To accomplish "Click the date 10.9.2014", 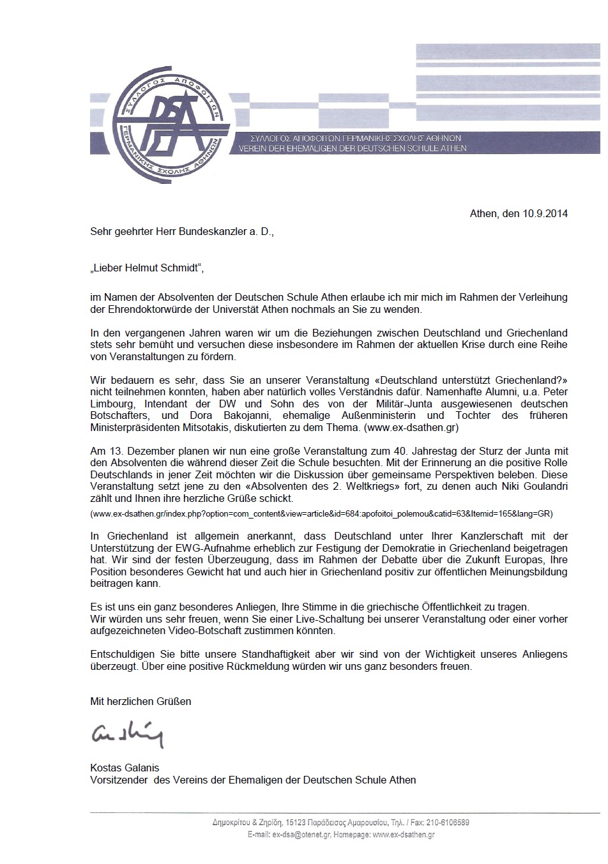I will pos(545,214).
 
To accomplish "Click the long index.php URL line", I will pos(321,513).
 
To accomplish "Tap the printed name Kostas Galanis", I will pos(125,768).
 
